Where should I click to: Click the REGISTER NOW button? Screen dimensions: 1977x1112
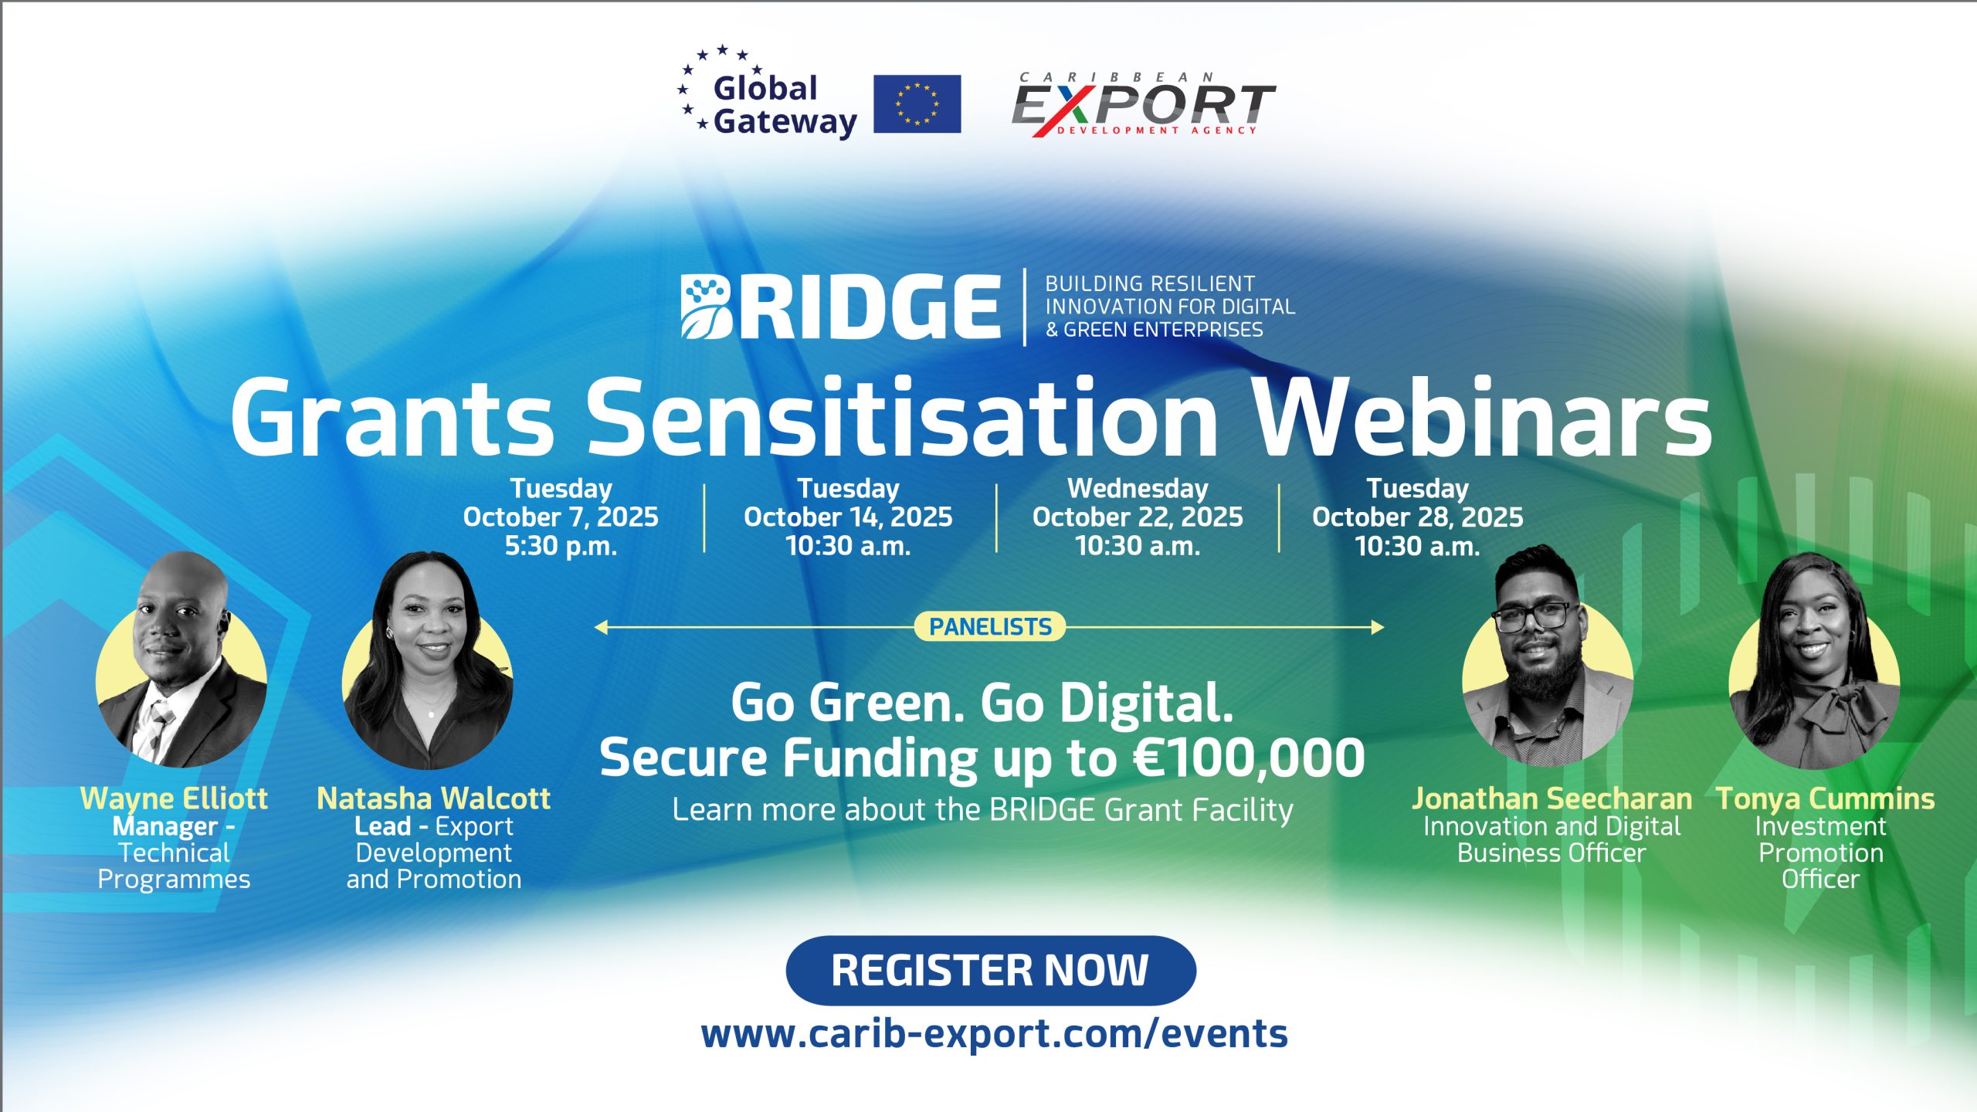pos(991,970)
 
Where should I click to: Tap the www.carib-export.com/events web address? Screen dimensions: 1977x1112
pos(995,1034)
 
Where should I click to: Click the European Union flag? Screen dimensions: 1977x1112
pos(917,103)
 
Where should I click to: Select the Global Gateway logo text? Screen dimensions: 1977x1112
pos(785,105)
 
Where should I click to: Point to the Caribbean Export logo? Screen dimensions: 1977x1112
pos(1143,105)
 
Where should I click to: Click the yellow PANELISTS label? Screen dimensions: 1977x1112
pos(990,626)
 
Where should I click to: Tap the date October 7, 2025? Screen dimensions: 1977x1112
pos(561,517)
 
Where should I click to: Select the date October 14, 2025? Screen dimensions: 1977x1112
pos(848,517)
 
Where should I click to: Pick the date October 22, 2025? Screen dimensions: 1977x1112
pos(1138,517)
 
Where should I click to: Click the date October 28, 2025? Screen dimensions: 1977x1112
pos(1417,517)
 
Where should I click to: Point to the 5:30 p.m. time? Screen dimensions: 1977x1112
pos(561,546)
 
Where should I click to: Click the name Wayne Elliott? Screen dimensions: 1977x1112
pos(174,798)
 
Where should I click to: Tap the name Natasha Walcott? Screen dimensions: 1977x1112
pos(433,798)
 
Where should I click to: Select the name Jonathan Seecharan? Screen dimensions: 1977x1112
pos(1551,798)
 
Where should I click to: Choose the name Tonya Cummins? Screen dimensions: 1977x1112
pos(1826,798)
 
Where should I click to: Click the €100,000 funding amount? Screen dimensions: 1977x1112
pos(1249,758)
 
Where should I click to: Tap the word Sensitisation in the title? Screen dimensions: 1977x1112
pos(901,419)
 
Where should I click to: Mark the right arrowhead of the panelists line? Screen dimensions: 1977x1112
pos(1378,627)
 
